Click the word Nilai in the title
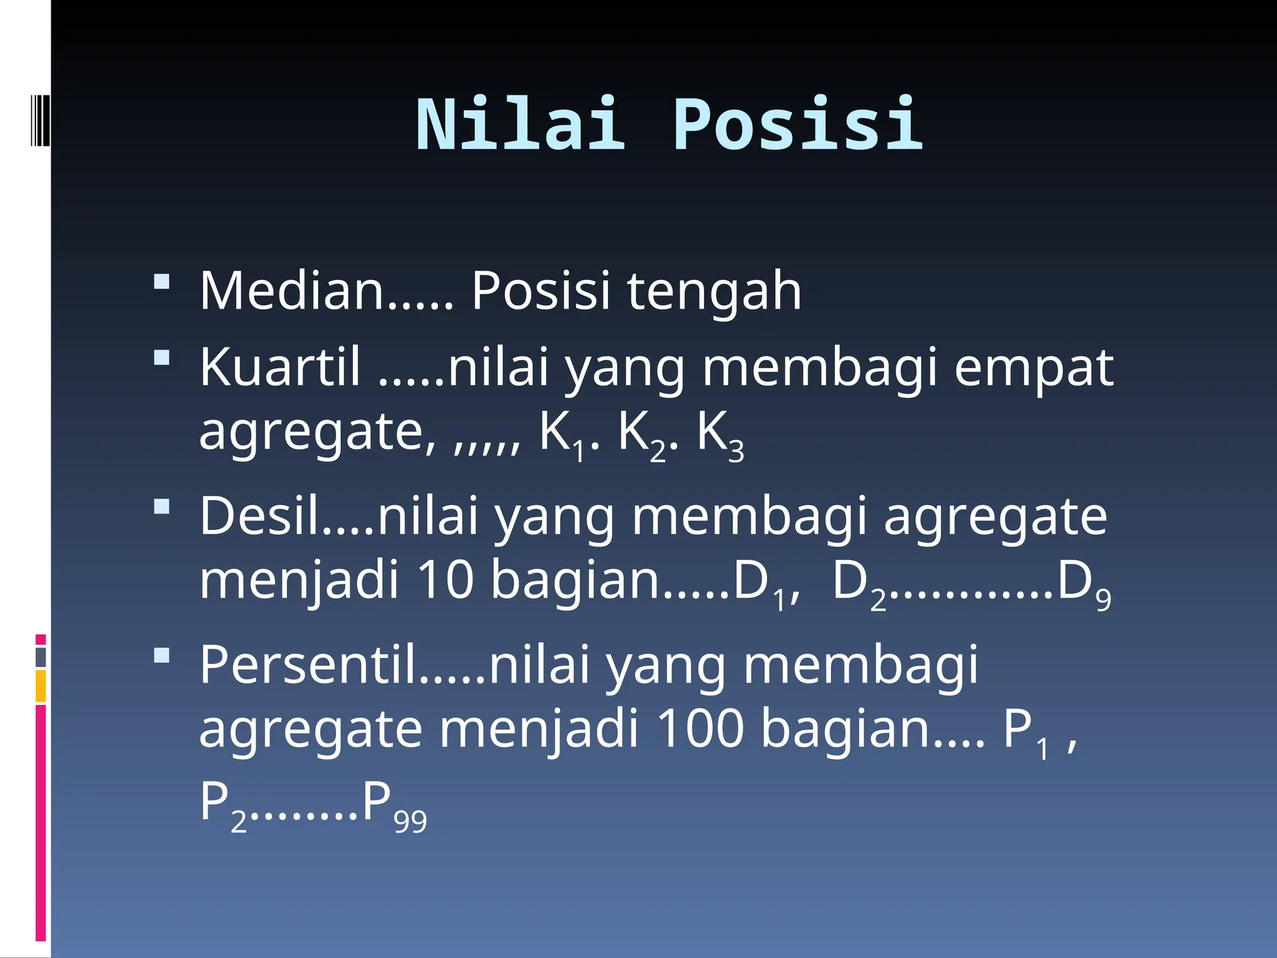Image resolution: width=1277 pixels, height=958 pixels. [520, 125]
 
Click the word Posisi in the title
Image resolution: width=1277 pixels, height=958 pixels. [798, 125]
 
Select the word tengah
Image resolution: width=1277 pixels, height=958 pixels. [714, 292]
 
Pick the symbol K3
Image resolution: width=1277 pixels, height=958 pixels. [720, 434]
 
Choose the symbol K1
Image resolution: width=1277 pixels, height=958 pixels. [563, 434]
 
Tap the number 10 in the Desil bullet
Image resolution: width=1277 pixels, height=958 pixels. [445, 579]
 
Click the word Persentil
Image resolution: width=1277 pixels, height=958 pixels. [308, 665]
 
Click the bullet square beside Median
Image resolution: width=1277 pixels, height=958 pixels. [161, 281]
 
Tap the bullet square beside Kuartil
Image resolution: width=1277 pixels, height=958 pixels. [161, 357]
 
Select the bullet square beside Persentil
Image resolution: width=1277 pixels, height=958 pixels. [161, 656]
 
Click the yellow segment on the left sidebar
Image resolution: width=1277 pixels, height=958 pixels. [41, 686]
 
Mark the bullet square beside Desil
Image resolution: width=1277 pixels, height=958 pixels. [161, 506]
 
